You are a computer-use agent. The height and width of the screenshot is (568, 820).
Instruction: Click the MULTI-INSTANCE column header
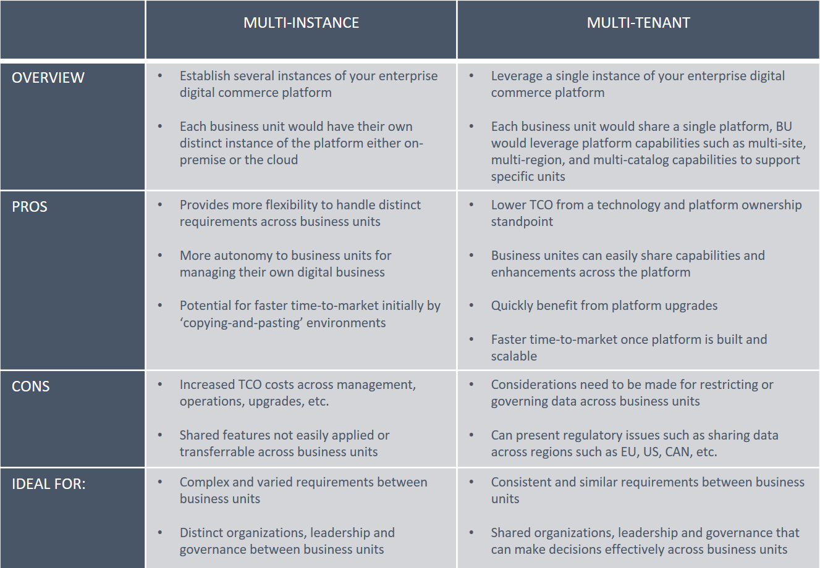(x=301, y=23)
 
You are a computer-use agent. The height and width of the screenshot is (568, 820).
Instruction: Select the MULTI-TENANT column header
(x=638, y=23)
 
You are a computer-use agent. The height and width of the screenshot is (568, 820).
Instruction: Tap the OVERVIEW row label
(x=48, y=78)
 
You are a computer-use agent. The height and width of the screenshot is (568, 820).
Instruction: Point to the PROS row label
(x=29, y=207)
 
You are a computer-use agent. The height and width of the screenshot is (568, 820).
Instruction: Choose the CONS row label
(x=30, y=386)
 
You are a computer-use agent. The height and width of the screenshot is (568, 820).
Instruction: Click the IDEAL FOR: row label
(x=49, y=484)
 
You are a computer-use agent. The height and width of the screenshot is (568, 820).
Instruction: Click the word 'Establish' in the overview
(x=205, y=76)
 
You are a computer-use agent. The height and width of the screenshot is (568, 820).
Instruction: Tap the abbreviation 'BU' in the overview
(x=784, y=126)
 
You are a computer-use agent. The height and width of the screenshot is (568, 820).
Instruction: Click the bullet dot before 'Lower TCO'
(x=471, y=204)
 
